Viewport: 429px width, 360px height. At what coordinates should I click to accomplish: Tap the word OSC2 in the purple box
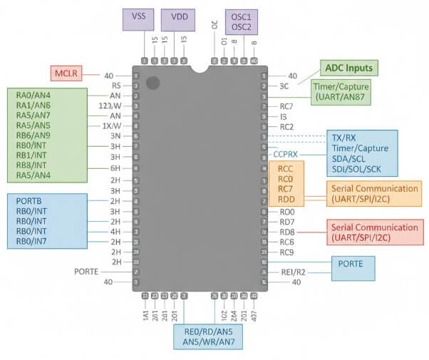point(242,26)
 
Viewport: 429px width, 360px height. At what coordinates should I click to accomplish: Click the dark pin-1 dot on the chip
point(153,83)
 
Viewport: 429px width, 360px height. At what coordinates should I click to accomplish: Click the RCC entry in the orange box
point(286,169)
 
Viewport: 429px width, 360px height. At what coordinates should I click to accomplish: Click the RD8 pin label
point(287,232)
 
